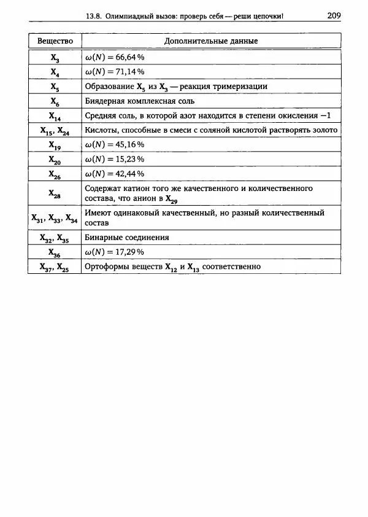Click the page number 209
[334, 15]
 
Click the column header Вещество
[55, 41]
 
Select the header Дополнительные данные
[211, 41]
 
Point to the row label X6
[55, 102]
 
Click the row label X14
[55, 117]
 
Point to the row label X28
[55, 193]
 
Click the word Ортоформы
[105, 266]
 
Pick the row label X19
[55, 146]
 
